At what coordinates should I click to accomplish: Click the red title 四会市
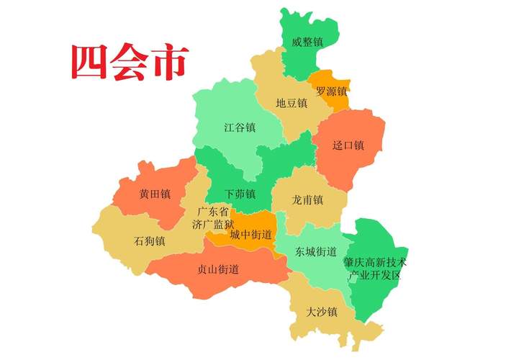point(129,63)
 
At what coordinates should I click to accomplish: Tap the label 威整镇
point(307,42)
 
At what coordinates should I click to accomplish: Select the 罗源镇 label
point(331,92)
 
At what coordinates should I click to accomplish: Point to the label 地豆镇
point(291,104)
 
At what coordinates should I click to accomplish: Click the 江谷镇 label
point(240,127)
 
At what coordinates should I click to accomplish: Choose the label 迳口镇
point(348,145)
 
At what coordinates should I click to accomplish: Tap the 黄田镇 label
point(155,194)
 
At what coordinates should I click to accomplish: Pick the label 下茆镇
point(240,194)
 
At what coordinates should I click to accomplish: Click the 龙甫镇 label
point(307,199)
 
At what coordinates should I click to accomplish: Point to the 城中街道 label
point(251,235)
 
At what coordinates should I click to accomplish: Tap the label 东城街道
point(316,252)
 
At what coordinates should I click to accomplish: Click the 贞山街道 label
point(218,269)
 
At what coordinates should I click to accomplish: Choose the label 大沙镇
point(321,312)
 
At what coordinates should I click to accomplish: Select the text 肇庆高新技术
point(375,262)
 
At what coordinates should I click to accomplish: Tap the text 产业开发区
point(375,275)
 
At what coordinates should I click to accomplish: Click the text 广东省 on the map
point(213,212)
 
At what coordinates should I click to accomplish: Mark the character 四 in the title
point(89,63)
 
